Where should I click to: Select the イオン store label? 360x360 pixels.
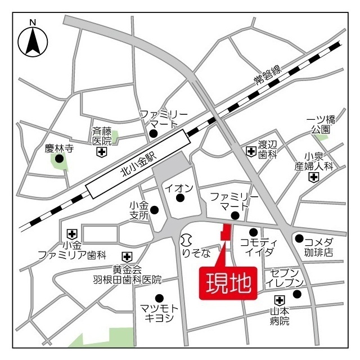[180, 187]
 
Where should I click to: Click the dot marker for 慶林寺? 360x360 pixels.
[59, 159]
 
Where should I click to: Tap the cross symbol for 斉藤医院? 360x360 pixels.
[101, 152]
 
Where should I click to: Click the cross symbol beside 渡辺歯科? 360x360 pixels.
[251, 151]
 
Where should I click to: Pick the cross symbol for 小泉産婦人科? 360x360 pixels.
[313, 178]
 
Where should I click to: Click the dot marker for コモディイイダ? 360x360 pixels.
[253, 232]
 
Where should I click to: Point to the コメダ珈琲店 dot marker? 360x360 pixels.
[299, 238]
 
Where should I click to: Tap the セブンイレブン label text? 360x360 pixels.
[287, 277]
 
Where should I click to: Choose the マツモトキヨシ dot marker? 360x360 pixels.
[159, 298]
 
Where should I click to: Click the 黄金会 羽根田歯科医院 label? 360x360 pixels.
[127, 274]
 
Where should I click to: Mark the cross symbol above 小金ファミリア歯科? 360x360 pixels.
[72, 233]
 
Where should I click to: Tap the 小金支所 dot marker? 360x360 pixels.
[154, 210]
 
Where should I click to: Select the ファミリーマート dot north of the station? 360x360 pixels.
[153, 134]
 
